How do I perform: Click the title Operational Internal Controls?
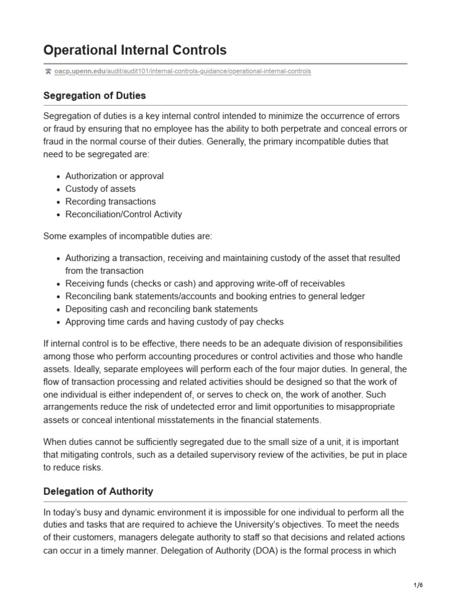coord(134,50)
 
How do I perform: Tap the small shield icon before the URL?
coord(48,72)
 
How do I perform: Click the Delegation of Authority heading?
coord(98,491)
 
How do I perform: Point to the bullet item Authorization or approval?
coord(115,176)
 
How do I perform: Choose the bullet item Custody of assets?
coord(100,189)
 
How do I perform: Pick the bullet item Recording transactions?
coord(110,201)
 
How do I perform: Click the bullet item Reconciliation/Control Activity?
coord(123,214)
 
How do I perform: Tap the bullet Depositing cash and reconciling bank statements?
coord(161,309)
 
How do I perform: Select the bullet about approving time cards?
coord(174,322)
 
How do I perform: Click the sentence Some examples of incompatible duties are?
coord(127,236)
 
